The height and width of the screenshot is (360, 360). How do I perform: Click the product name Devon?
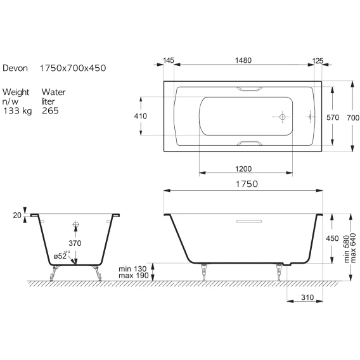(15, 68)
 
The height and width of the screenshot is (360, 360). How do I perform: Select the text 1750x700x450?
(73, 68)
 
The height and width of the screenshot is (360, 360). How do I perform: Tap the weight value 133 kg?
(18, 111)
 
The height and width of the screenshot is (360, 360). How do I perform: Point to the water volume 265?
(50, 111)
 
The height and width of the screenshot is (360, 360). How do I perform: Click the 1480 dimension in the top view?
(243, 60)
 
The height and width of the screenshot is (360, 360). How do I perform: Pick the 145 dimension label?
(169, 60)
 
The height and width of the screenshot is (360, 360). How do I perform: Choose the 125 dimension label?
(318, 61)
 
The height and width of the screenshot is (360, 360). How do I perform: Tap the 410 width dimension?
(141, 116)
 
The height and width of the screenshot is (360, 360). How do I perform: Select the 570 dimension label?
(333, 117)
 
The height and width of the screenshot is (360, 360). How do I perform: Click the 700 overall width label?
(353, 118)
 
